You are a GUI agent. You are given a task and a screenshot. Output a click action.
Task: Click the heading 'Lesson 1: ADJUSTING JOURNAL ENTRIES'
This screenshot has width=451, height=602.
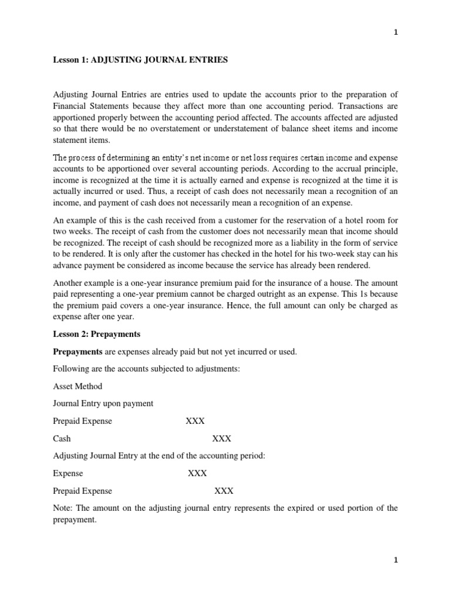140,61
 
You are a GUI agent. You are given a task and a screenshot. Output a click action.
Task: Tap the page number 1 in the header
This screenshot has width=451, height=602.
396,33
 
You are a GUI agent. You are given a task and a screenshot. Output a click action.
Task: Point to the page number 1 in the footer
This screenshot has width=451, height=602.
396,560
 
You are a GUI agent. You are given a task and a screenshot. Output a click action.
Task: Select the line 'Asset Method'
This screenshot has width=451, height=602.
78,386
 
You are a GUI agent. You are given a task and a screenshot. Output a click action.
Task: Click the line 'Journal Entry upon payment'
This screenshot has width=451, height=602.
103,404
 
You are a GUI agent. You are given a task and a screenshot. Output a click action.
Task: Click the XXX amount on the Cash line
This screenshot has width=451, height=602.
221,439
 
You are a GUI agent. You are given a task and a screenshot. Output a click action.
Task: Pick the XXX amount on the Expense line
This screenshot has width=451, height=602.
197,473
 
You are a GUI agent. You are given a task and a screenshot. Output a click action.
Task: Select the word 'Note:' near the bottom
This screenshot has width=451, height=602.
64,508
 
